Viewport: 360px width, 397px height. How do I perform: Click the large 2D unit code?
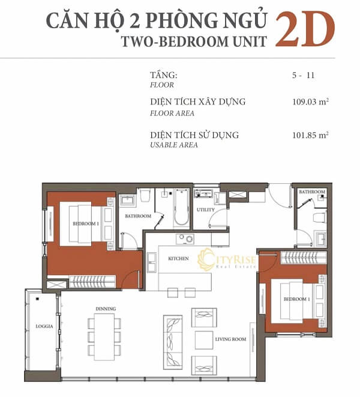pyautogui.click(x=304, y=29)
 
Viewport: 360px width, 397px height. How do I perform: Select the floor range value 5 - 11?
pyautogui.click(x=303, y=75)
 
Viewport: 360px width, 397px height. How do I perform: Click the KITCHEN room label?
pyautogui.click(x=179, y=259)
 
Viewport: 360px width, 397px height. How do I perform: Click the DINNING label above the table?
pyautogui.click(x=106, y=309)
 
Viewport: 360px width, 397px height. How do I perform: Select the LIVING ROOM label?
pyautogui.click(x=231, y=339)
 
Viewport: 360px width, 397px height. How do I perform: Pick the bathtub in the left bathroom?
pyautogui.click(x=181, y=208)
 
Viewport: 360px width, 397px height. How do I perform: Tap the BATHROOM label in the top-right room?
pyautogui.click(x=312, y=193)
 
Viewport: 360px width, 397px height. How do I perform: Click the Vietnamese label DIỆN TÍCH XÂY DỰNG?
pyautogui.click(x=198, y=102)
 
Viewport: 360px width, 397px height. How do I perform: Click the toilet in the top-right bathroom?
pyautogui.click(x=319, y=217)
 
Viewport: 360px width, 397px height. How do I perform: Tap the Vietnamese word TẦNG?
pyautogui.click(x=164, y=75)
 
